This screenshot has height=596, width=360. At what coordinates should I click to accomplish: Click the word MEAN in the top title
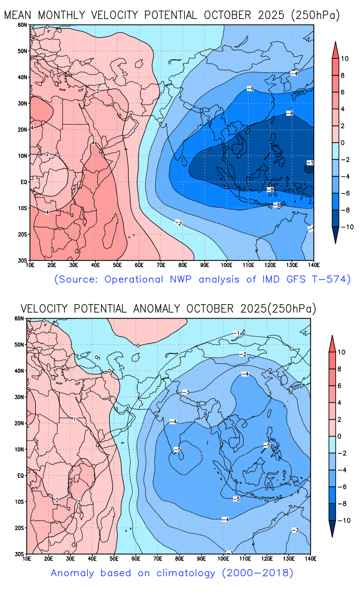pos(19,15)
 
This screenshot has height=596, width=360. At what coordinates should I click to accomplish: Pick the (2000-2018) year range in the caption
pos(258,573)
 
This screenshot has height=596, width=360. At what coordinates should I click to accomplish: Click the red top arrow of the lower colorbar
pos(332,342)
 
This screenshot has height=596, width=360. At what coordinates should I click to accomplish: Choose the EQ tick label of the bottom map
pos(20,476)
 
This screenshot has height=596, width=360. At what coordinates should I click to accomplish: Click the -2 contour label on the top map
pos(178,224)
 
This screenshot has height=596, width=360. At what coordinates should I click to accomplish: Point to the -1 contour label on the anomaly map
pos(238,333)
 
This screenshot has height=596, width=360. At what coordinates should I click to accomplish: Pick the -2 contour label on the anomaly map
pos(243,354)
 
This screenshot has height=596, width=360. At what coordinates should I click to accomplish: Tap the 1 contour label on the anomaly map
pos(74,419)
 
